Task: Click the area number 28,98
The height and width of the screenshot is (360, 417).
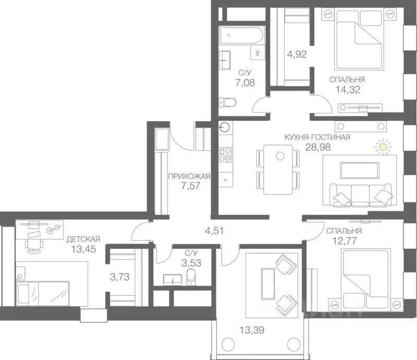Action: click(x=318, y=147)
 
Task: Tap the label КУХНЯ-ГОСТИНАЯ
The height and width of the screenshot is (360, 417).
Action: click(x=317, y=137)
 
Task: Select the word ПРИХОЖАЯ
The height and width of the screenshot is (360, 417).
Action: click(x=189, y=176)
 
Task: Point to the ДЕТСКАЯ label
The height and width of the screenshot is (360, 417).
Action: click(x=83, y=239)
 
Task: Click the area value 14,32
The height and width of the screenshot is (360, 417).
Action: click(x=348, y=89)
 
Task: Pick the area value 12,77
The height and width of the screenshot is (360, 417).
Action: click(x=345, y=241)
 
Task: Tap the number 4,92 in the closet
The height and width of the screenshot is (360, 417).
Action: click(x=297, y=54)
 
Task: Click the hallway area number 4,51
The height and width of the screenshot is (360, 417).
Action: click(x=214, y=231)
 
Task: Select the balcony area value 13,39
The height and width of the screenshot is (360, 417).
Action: click(x=252, y=330)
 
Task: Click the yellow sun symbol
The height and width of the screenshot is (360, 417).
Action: click(x=383, y=147)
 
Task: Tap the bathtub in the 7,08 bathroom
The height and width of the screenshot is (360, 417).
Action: click(x=241, y=35)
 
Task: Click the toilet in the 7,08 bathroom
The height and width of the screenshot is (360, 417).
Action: click(x=227, y=102)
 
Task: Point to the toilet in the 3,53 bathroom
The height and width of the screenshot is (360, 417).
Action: click(x=191, y=277)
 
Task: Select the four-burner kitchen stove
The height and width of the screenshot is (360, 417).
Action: click(x=226, y=155)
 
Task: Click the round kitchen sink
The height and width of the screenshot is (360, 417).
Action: click(x=224, y=127)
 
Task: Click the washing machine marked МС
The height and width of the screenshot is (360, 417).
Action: click(x=257, y=53)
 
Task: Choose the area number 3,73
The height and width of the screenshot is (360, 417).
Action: click(x=120, y=277)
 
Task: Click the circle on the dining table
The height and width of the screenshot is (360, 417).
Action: click(x=280, y=156)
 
